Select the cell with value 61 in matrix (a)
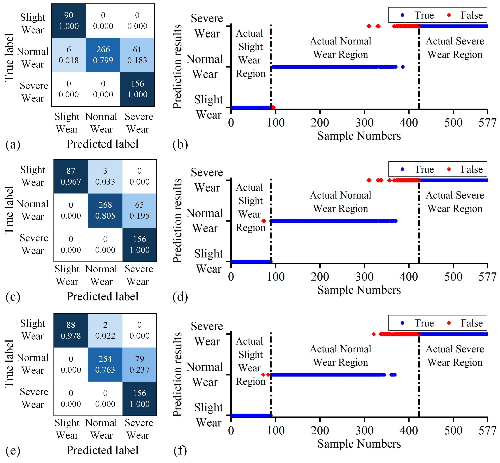pyautogui.click(x=137, y=55)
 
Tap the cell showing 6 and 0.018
pyautogui.click(x=69, y=55)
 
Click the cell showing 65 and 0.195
pyautogui.click(x=139, y=210)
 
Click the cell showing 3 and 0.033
pyautogui.click(x=105, y=176)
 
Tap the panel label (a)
pyautogui.click(x=13, y=145)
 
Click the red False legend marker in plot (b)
pyautogui.click(x=449, y=15)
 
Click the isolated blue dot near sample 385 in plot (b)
pyautogui.click(x=403, y=67)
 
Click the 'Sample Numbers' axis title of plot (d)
pyautogui.click(x=359, y=290)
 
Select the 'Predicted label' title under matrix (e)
pyautogui.click(x=102, y=450)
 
